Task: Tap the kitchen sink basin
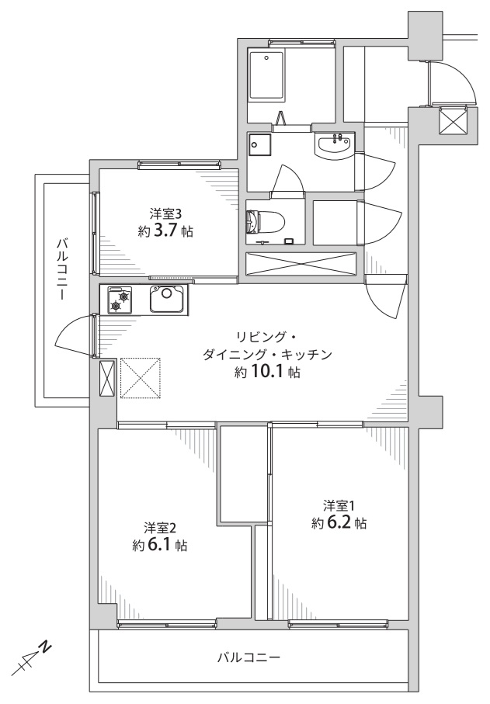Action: pos(165,297)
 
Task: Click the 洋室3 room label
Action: pos(165,211)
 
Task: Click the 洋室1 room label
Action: pos(339,504)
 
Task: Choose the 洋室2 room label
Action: pos(160,526)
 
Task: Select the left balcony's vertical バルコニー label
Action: pos(61,271)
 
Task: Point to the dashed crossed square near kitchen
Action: pos(141,377)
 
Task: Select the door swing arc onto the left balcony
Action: pos(71,335)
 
